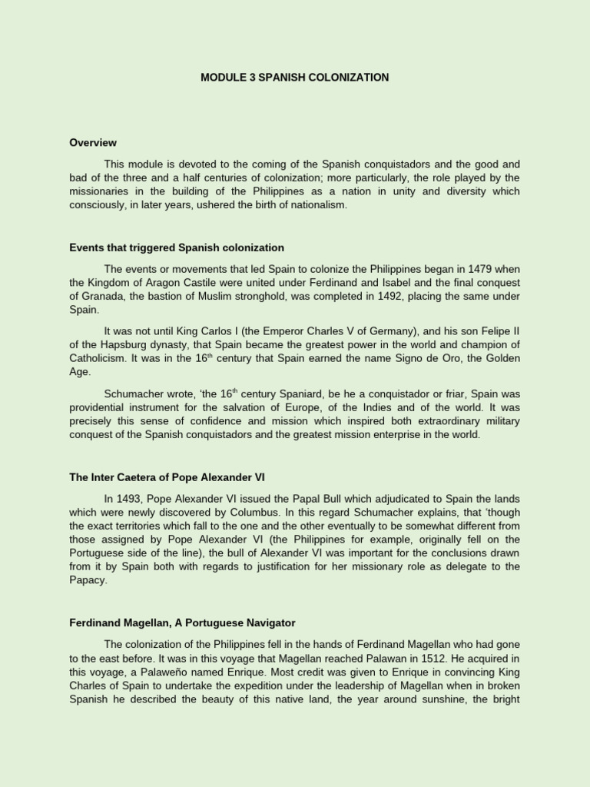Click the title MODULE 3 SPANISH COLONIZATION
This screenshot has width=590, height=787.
pyautogui.click(x=295, y=78)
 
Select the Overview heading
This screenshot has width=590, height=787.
pyautogui.click(x=93, y=142)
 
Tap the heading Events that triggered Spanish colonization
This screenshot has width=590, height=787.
pyautogui.click(x=177, y=247)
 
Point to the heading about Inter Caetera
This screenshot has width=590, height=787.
pyautogui.click(x=167, y=477)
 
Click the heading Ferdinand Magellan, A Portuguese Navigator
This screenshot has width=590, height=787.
pyautogui.click(x=182, y=622)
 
